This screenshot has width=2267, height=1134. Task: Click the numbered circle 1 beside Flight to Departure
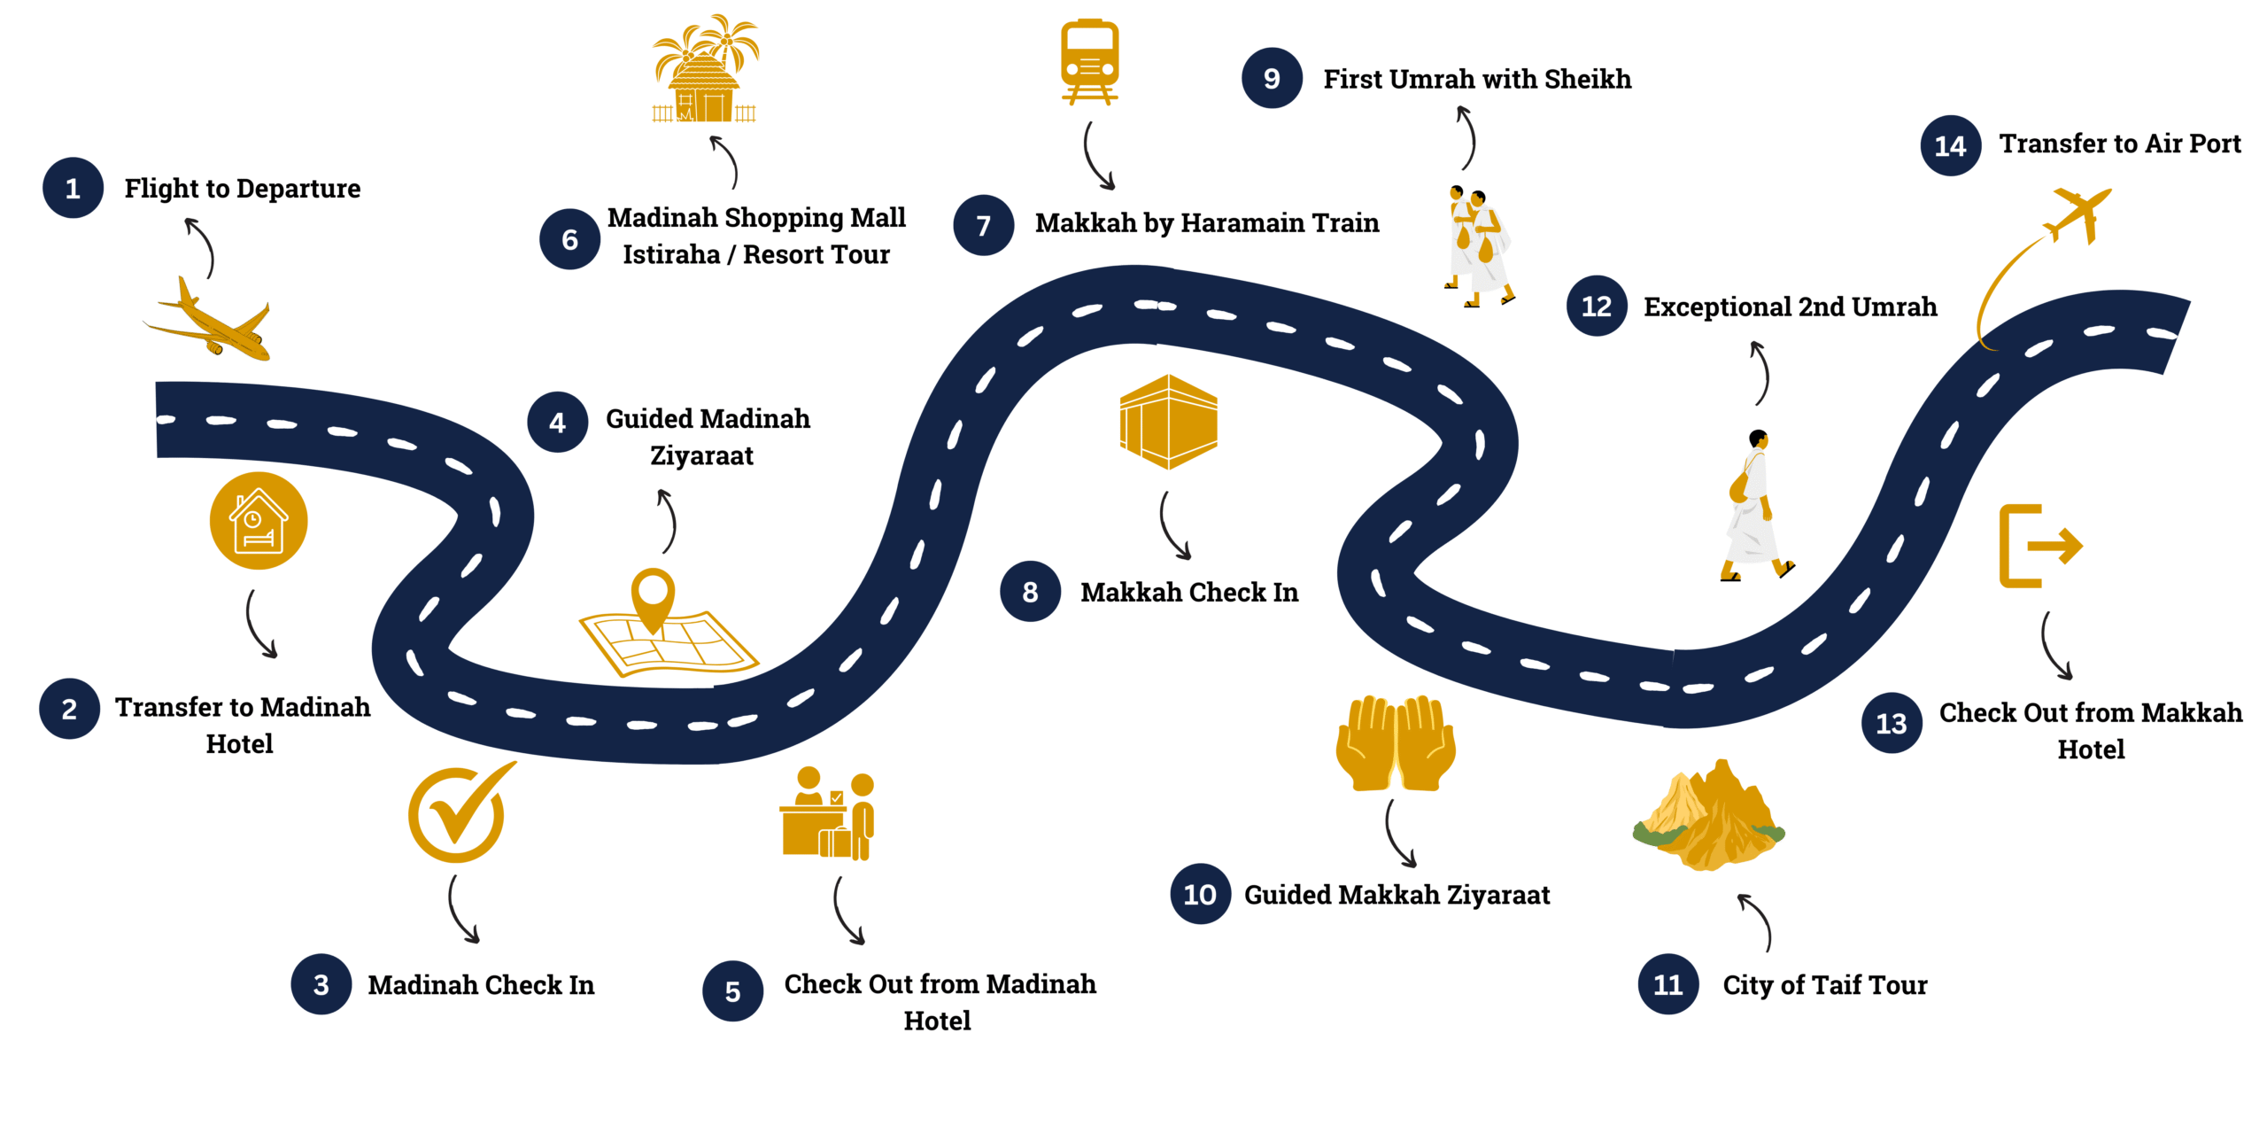tap(73, 188)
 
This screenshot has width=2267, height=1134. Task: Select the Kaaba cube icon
tap(1168, 422)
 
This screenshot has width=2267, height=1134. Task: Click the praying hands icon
tap(1396, 742)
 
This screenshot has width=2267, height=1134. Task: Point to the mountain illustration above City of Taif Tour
tap(1708, 815)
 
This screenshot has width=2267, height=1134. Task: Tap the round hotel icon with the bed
tap(259, 520)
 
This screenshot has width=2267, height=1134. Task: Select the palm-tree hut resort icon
tap(705, 68)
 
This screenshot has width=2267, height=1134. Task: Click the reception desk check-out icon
tap(827, 813)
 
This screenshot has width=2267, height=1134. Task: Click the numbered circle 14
tap(1950, 145)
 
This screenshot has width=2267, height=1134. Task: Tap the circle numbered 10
tap(1200, 894)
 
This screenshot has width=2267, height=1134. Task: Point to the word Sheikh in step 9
tap(1588, 79)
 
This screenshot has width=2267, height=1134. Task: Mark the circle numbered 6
tap(570, 239)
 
